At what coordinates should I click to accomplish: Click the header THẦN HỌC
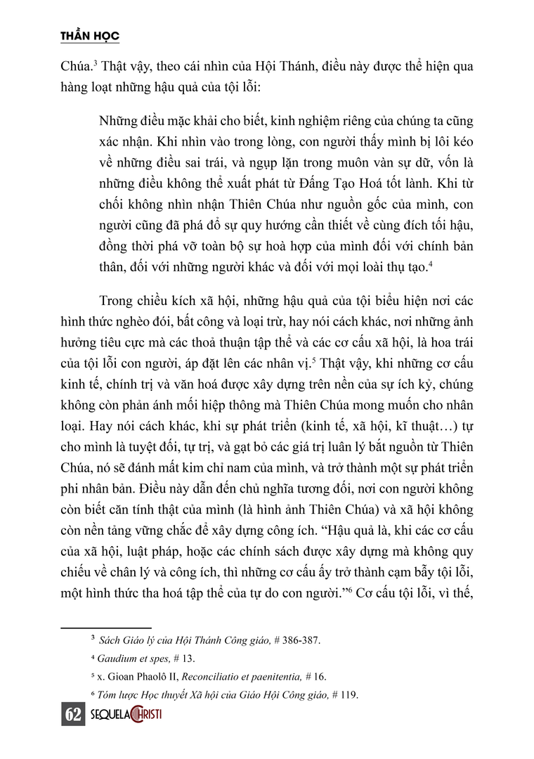click(88, 36)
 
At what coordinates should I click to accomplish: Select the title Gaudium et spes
click(133, 658)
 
